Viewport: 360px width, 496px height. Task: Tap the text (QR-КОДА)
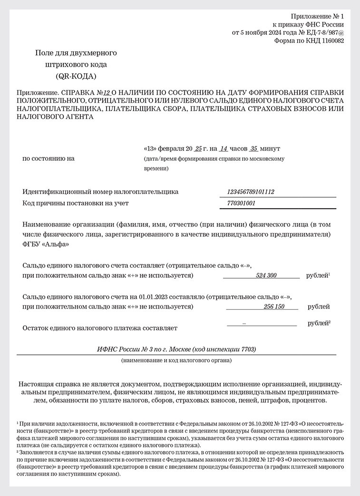pos(76,76)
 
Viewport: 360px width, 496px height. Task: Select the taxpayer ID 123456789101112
pos(251,192)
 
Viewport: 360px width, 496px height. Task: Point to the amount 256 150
pos(273,307)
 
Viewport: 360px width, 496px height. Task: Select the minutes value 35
pos(254,148)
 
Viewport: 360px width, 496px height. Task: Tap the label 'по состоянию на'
pos(49,158)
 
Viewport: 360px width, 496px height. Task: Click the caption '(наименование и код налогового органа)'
pos(176,360)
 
